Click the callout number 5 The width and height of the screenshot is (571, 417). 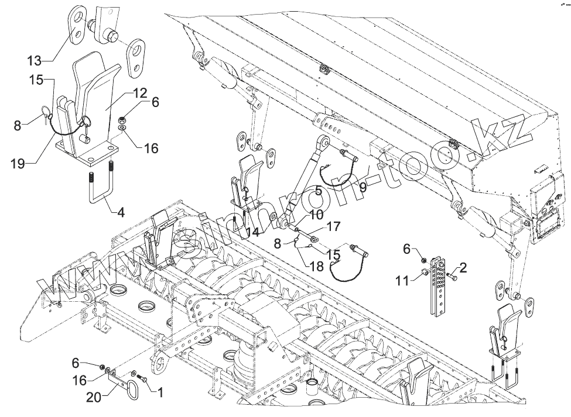coord(318,189)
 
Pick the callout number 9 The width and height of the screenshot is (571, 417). coord(363,187)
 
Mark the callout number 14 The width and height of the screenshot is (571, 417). coord(252,232)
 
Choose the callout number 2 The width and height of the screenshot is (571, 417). coord(463,268)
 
